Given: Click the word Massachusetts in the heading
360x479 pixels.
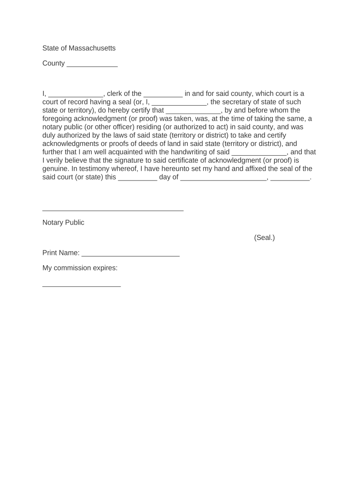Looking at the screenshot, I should coord(92,48).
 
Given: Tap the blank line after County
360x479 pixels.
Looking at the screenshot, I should coord(92,65).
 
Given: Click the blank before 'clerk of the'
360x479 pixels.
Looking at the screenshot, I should coord(75,95).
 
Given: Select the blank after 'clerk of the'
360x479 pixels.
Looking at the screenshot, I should coord(163,95).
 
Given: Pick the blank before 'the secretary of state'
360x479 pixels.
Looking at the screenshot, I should coord(179,103).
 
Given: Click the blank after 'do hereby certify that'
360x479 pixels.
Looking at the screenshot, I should coord(193,112).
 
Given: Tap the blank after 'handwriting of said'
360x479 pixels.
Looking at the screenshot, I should coord(259,153).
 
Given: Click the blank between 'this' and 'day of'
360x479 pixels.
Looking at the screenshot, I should coord(137,179).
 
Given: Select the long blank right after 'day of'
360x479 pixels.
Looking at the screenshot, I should coord(223,179).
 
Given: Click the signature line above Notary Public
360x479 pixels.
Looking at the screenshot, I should coord(113,210).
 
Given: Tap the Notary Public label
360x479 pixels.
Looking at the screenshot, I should coord(64,223).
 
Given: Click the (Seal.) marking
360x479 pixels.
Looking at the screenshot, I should coord(265,238).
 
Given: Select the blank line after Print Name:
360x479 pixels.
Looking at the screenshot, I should coord(130,255).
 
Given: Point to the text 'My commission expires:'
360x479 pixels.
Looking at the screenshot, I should coord(80,268).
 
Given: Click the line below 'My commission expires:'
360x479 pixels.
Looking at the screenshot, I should coord(81,285).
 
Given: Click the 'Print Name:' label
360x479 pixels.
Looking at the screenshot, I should coord(61,253).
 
